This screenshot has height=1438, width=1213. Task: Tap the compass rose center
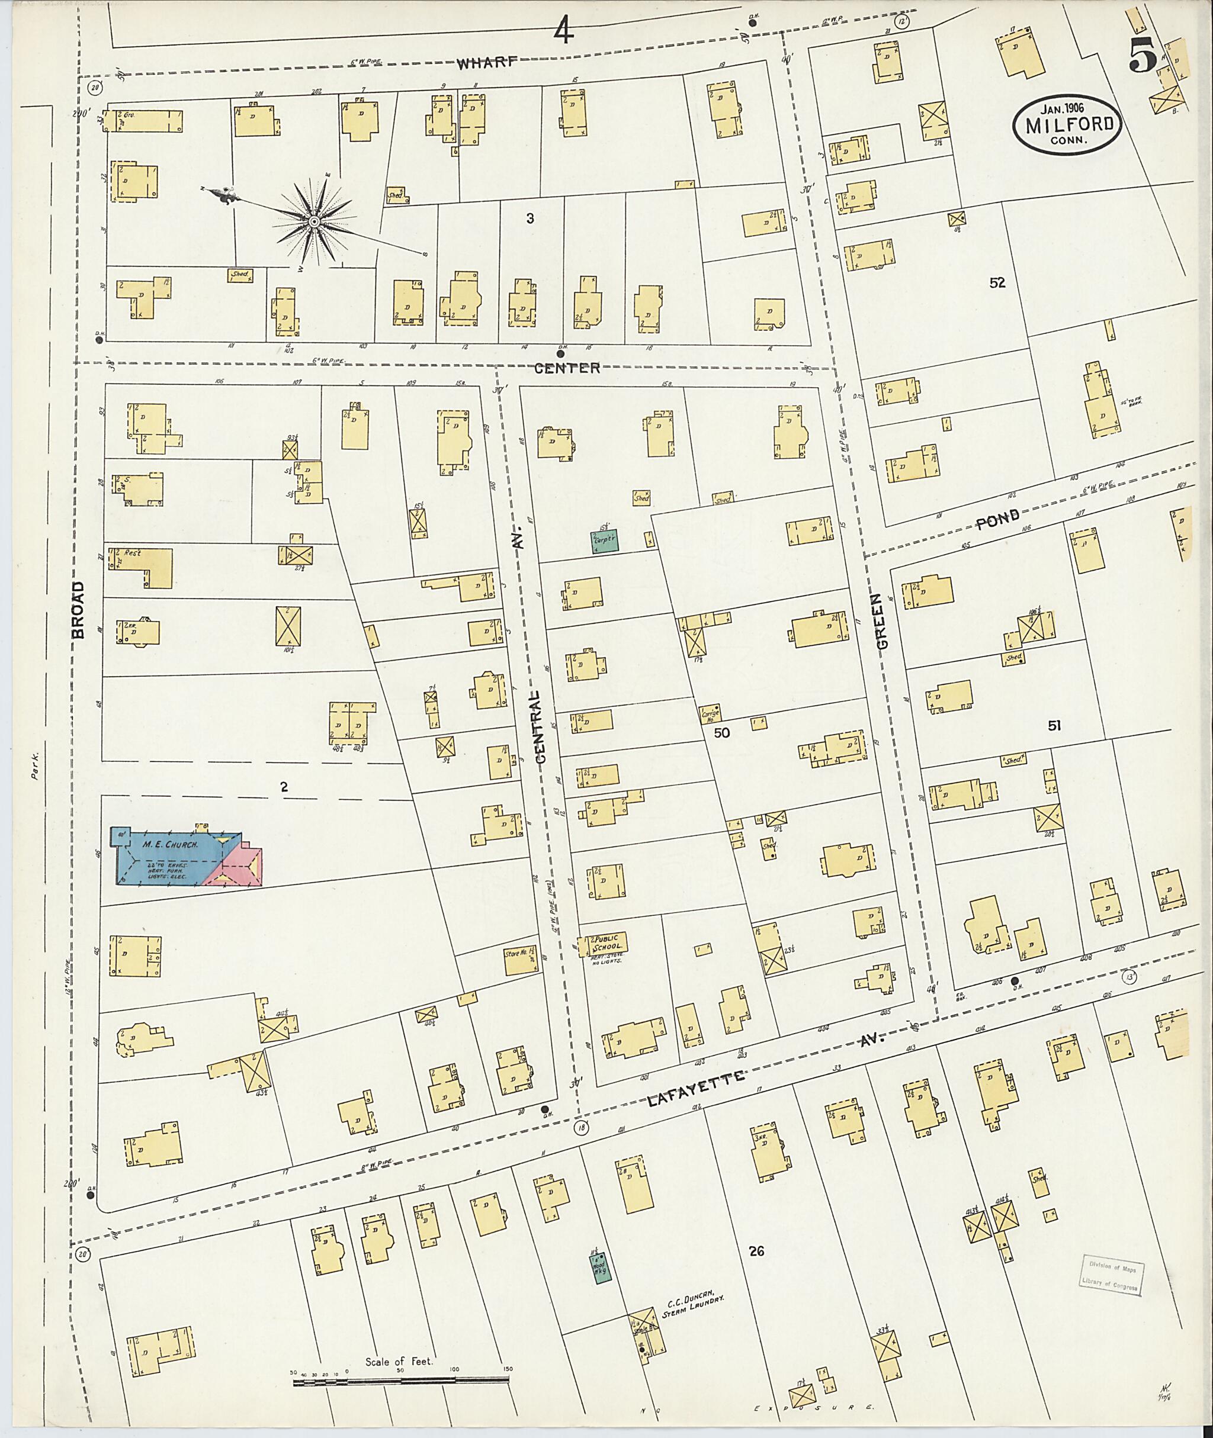click(313, 221)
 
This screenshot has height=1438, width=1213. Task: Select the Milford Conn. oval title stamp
click(1067, 124)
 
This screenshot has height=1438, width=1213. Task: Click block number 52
click(997, 282)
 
